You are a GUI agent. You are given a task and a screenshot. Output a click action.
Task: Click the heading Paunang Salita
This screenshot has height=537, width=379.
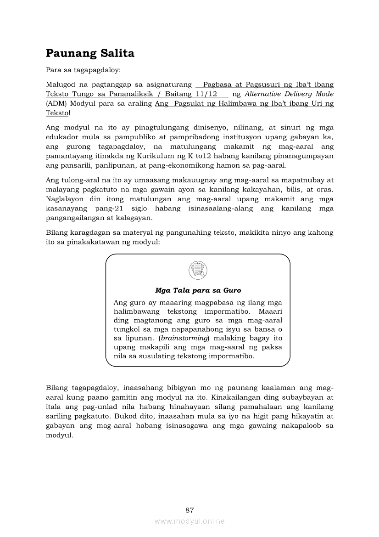pyautogui.click(x=90, y=53)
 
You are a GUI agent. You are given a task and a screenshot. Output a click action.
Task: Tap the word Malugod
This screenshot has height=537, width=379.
pyautogui.click(x=60, y=85)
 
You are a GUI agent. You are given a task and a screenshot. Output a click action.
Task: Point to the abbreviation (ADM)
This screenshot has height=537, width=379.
pyautogui.click(x=56, y=103)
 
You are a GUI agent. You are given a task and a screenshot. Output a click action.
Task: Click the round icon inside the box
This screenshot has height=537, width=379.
pyautogui.click(x=198, y=270)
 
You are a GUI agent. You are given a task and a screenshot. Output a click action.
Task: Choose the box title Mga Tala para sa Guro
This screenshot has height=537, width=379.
pyautogui.click(x=198, y=290)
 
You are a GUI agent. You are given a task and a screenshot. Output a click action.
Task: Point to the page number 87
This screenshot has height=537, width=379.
pyautogui.click(x=189, y=510)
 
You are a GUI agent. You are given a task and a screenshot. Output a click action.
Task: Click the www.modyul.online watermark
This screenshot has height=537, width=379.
pyautogui.click(x=189, y=521)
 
